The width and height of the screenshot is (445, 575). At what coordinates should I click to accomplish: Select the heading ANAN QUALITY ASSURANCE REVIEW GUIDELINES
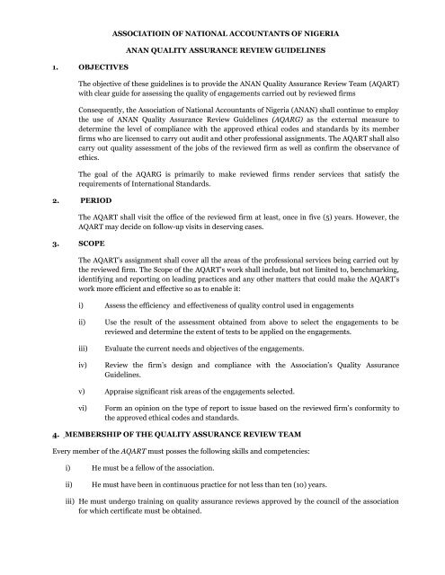222,51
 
